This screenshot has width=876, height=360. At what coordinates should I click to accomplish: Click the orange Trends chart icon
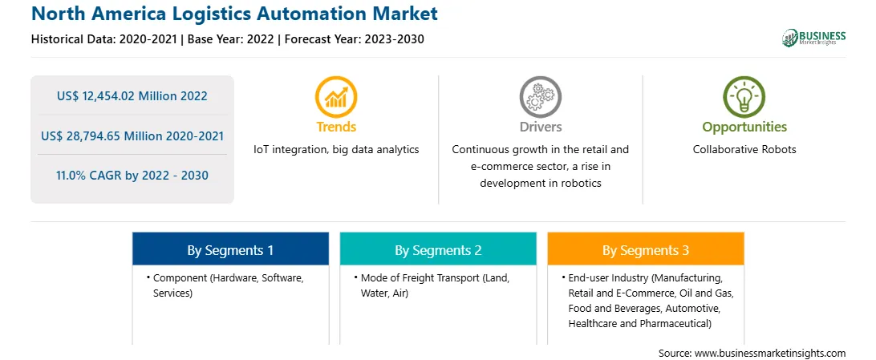[336, 96]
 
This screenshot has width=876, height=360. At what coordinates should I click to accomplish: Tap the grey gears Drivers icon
[540, 96]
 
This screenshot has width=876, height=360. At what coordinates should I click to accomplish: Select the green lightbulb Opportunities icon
[744, 96]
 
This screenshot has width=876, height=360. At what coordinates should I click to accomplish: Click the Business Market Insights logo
[814, 38]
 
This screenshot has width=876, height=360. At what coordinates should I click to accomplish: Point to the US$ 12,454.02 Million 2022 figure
[132, 96]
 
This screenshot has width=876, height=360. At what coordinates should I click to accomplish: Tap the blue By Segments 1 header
[230, 249]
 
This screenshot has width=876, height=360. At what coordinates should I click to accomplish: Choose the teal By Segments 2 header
[438, 249]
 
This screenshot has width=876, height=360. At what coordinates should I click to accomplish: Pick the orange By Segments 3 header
[646, 249]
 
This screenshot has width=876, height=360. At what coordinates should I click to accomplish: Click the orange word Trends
[336, 127]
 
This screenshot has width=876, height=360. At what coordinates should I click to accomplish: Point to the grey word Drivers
[540, 127]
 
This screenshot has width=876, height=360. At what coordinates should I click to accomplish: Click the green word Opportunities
[744, 127]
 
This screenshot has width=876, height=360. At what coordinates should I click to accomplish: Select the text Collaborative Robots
[744, 150]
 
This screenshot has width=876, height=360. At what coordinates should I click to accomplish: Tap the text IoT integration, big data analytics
[336, 150]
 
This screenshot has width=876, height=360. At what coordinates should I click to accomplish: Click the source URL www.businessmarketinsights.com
[770, 353]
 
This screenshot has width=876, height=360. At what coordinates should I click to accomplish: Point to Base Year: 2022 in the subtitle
[230, 39]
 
